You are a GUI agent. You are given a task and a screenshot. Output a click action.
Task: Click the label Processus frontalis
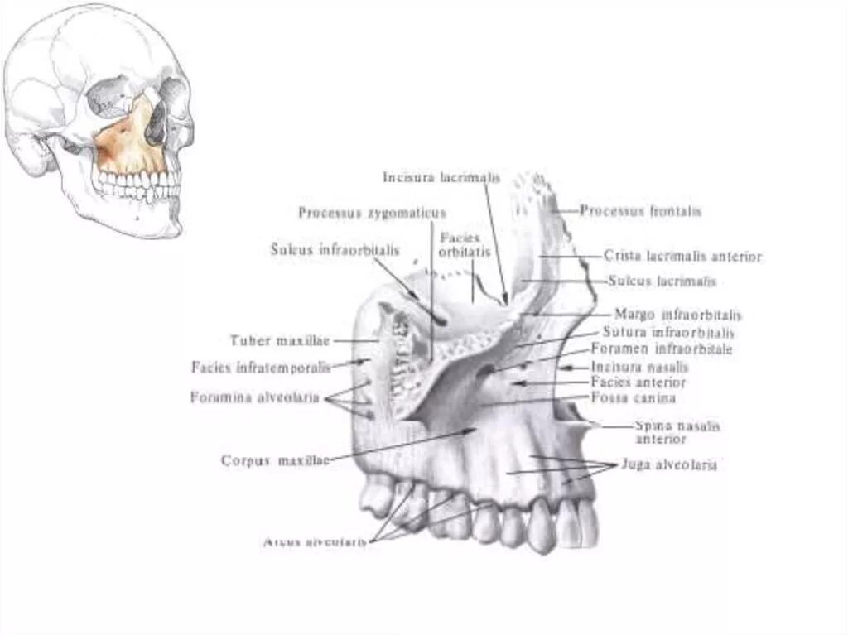(x=640, y=211)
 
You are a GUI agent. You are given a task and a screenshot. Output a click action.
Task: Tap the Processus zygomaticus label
(x=372, y=213)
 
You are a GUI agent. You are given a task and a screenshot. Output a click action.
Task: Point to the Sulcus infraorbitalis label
(x=335, y=249)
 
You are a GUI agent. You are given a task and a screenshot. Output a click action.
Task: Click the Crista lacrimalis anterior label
(x=682, y=257)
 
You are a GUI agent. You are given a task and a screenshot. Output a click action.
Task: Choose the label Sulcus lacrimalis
(x=662, y=281)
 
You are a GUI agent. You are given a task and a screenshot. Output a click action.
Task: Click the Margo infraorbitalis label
(x=677, y=315)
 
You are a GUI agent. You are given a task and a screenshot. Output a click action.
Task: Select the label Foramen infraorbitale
(x=662, y=349)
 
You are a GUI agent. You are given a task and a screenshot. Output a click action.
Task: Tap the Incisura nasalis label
(x=639, y=367)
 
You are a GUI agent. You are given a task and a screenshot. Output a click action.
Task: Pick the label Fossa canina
(x=633, y=398)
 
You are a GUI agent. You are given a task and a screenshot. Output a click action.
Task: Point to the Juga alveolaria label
(x=669, y=465)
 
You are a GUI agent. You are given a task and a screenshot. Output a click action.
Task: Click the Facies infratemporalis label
(x=260, y=366)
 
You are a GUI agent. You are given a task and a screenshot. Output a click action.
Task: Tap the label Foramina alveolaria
(x=254, y=397)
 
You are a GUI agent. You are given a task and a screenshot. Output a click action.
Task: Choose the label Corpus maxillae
(x=275, y=460)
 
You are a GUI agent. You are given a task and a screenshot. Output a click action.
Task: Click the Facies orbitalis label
(x=465, y=243)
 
